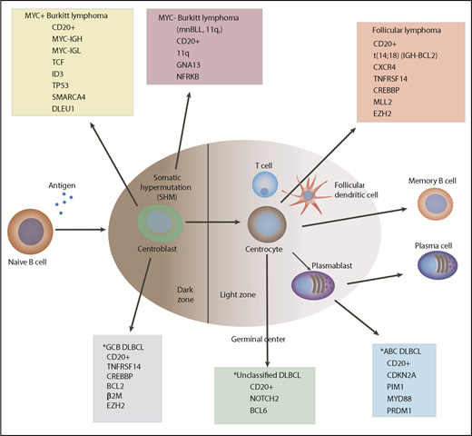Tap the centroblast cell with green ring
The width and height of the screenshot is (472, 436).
pos(164,224)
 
